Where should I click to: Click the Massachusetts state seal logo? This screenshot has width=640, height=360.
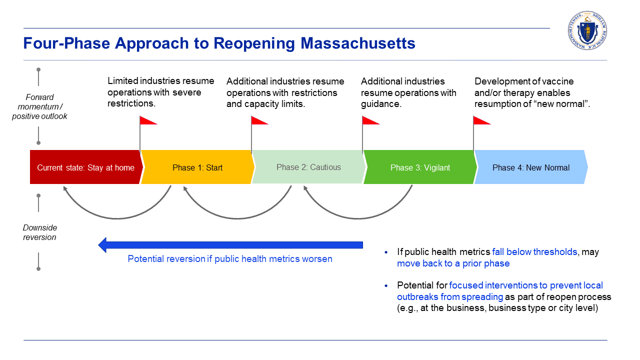pyautogui.click(x=587, y=30)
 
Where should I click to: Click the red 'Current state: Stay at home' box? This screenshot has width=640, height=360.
pyautogui.click(x=85, y=167)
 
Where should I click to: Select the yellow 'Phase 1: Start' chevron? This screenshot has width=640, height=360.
pyautogui.click(x=197, y=167)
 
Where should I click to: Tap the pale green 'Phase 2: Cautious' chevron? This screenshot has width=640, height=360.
pyautogui.click(x=308, y=167)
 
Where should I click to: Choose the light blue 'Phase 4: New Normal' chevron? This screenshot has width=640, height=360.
pyautogui.click(x=530, y=167)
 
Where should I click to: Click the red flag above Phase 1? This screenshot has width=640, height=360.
pyautogui.click(x=148, y=120)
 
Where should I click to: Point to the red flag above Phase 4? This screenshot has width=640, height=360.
pyautogui.click(x=481, y=120)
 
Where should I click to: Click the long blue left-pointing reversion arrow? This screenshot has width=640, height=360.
pyautogui.click(x=230, y=245)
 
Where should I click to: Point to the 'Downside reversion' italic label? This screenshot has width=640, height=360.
pyautogui.click(x=39, y=232)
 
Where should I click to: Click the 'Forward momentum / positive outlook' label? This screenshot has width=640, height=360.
pyautogui.click(x=39, y=106)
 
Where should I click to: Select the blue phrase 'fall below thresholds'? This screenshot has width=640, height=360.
pyautogui.click(x=534, y=252)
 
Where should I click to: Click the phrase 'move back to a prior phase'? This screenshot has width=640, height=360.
pyautogui.click(x=453, y=263)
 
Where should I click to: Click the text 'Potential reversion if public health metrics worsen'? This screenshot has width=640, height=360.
pyautogui.click(x=230, y=259)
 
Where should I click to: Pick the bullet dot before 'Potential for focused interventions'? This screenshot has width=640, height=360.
pyautogui.click(x=386, y=285)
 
